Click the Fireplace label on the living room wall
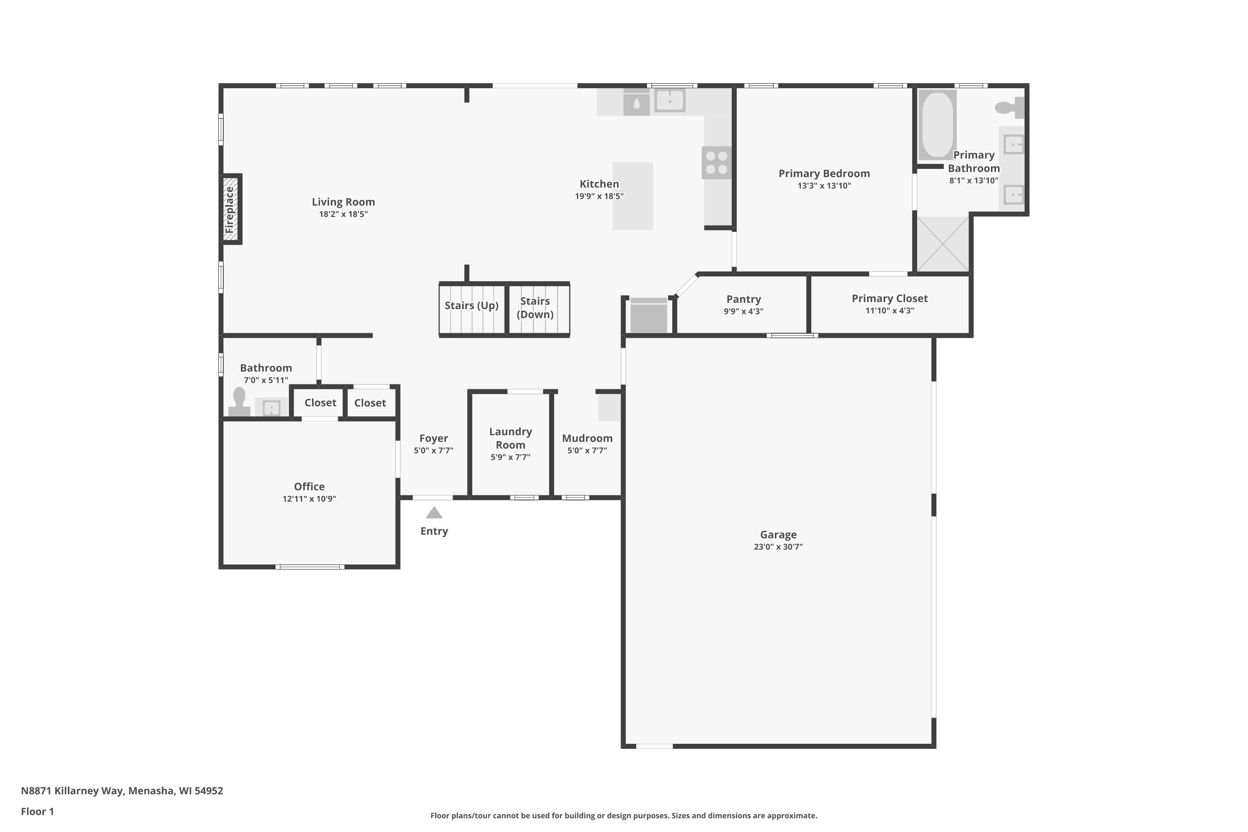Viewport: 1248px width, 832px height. tap(229, 210)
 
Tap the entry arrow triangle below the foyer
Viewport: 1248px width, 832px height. tap(434, 513)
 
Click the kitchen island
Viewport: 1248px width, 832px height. tap(632, 196)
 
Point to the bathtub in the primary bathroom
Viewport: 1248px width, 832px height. tap(937, 125)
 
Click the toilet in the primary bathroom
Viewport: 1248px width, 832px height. tap(1009, 108)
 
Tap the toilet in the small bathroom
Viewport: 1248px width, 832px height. tap(239, 402)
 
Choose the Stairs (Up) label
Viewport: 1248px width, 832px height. tap(471, 306)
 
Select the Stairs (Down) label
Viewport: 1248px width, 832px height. tap(535, 308)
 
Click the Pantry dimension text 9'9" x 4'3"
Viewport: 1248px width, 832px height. tap(743, 312)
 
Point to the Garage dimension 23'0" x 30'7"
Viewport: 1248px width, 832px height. tap(778, 547)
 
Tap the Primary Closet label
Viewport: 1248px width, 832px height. tap(890, 299)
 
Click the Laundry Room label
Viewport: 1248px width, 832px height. tap(510, 438)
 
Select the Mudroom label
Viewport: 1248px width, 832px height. tap(587, 438)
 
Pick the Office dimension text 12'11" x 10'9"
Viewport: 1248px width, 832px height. tap(310, 499)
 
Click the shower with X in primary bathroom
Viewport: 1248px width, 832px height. tap(943, 244)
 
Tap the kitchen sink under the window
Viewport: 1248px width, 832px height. tap(670, 100)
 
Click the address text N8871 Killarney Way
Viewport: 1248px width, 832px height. tap(91, 791)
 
